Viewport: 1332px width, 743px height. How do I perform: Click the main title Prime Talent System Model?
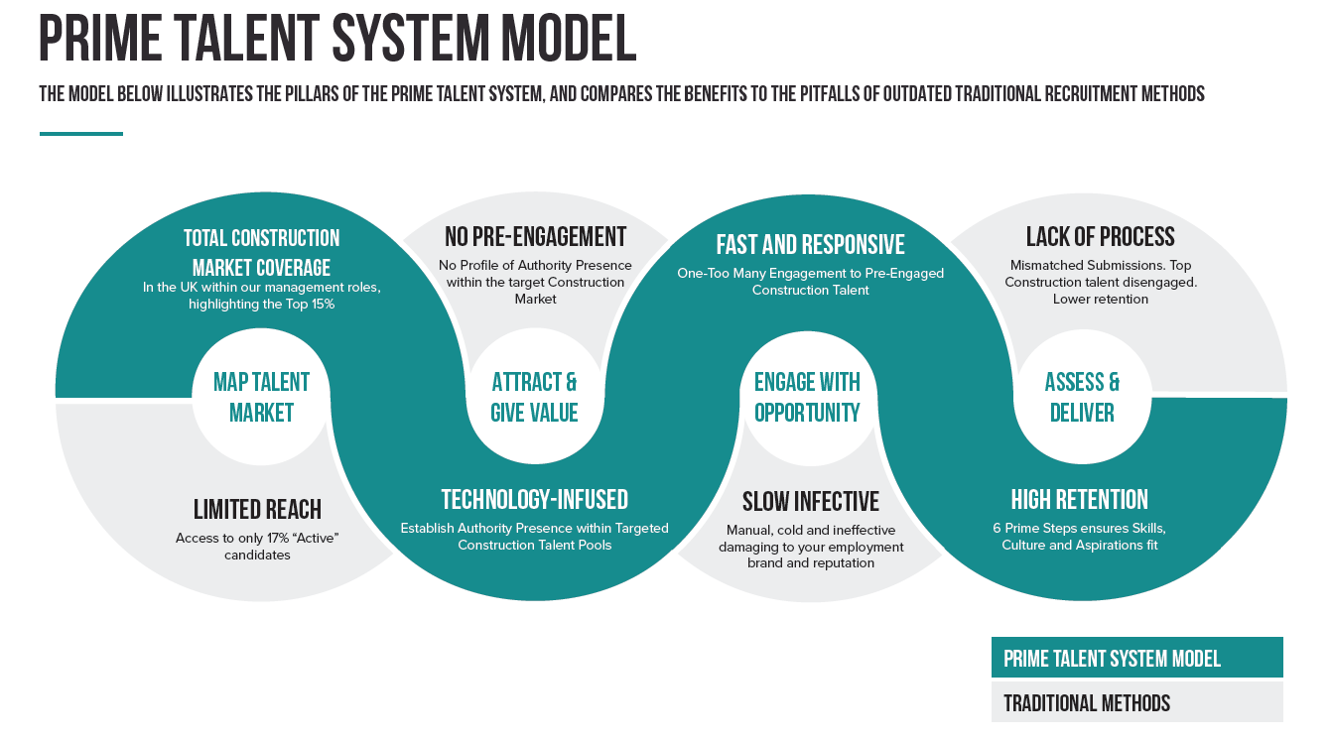pyautogui.click(x=337, y=40)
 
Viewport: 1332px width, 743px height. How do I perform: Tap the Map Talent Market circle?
pyautogui.click(x=261, y=398)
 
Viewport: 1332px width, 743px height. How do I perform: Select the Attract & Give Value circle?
pyautogui.click(x=534, y=398)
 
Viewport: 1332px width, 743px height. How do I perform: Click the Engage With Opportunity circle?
pyautogui.click(x=807, y=398)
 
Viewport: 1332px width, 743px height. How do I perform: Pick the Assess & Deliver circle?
pyautogui.click(x=1082, y=398)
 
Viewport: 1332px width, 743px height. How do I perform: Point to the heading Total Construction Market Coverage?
pyautogui.click(x=261, y=253)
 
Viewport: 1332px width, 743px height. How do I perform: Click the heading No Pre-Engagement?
pyautogui.click(x=535, y=237)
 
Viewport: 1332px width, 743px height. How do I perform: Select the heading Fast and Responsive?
pyautogui.click(x=810, y=245)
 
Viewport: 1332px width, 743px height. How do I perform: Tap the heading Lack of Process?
pyautogui.click(x=1100, y=237)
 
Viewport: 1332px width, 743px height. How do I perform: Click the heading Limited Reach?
pyautogui.click(x=257, y=510)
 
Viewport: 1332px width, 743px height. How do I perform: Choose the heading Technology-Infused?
pyautogui.click(x=534, y=500)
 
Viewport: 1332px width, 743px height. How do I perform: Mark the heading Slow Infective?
pyautogui.click(x=810, y=502)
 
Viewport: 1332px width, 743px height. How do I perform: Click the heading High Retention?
pyautogui.click(x=1079, y=500)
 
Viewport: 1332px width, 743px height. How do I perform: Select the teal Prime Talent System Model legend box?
pyautogui.click(x=1136, y=658)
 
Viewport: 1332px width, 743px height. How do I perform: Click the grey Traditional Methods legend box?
pyautogui.click(x=1136, y=702)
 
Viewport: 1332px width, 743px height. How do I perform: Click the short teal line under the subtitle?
pyautogui.click(x=80, y=133)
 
